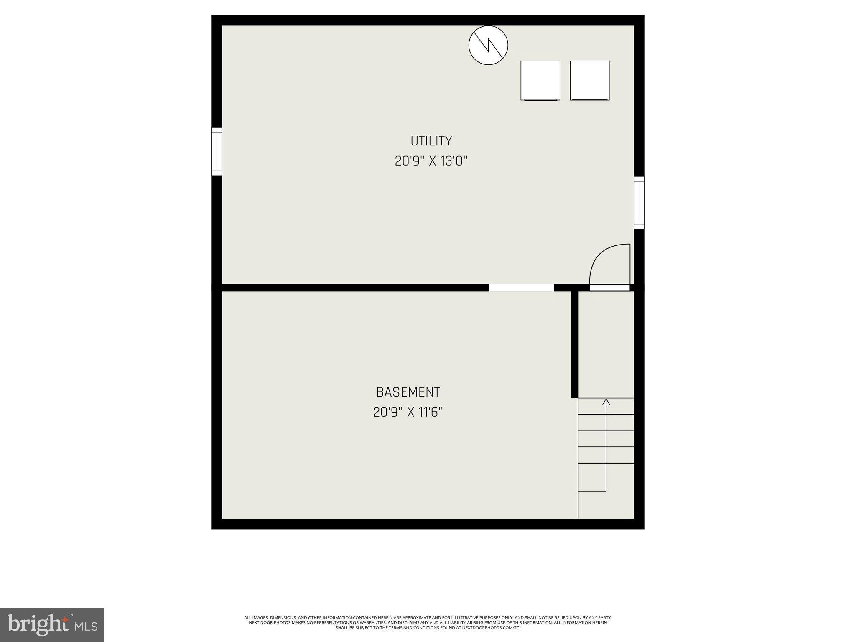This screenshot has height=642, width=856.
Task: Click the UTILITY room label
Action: [431, 141]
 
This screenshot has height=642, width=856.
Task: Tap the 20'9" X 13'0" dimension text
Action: [431, 161]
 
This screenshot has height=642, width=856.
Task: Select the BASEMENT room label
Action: [408, 392]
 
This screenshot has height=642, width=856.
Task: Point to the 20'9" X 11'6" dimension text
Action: [408, 413]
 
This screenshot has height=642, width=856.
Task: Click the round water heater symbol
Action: [488, 45]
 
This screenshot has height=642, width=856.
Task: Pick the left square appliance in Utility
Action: [540, 81]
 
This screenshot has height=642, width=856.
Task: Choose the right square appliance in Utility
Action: [589, 81]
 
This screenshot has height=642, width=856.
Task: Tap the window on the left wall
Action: [217, 151]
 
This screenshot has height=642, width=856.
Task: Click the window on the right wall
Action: [639, 203]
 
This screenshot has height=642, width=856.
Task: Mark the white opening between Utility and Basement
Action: [521, 288]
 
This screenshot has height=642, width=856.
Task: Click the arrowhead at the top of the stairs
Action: [606, 402]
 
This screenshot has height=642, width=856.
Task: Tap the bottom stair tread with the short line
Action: [592, 477]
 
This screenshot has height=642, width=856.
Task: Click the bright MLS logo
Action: [52, 624]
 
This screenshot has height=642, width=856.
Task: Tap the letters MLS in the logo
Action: [86, 626]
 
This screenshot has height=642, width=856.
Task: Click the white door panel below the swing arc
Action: [609, 288]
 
